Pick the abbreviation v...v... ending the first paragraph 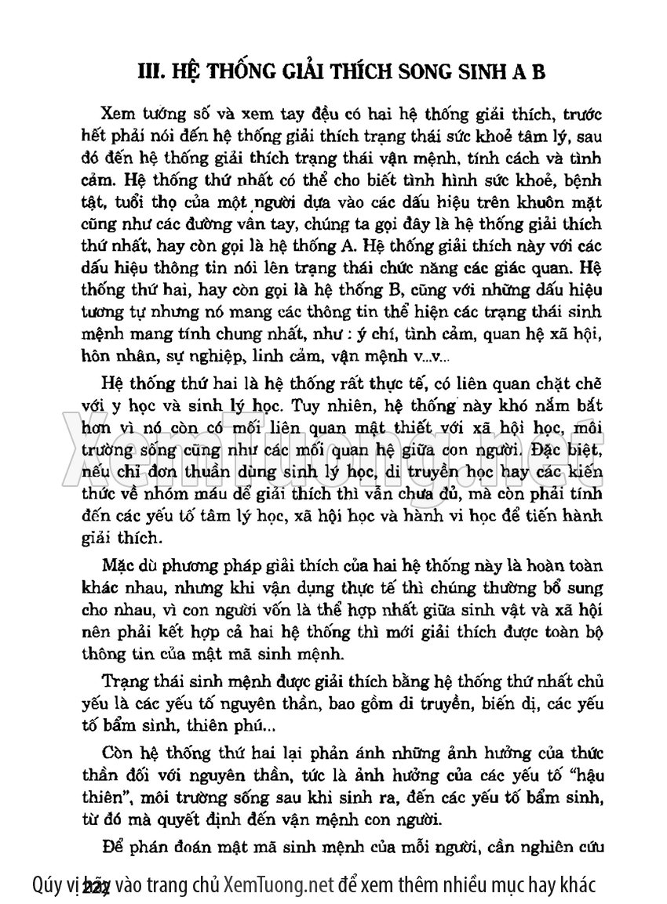pos(426,357)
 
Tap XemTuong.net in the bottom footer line pos(279,885)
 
